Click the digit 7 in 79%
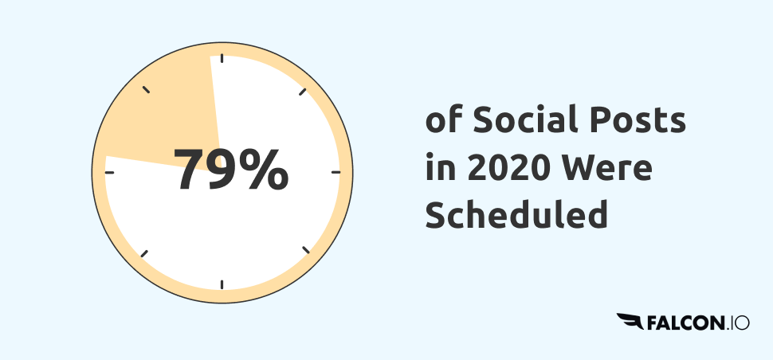click(189, 169)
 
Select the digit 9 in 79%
click(225, 169)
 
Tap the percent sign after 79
click(266, 169)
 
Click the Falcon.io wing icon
click(630, 321)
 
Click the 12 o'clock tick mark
click(222, 58)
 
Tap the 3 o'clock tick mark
click(336, 172)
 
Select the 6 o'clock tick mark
click(222, 284)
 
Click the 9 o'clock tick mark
click(109, 172)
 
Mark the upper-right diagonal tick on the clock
click(303, 92)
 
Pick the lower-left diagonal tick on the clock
click(144, 253)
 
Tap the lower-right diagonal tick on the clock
click(306, 249)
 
